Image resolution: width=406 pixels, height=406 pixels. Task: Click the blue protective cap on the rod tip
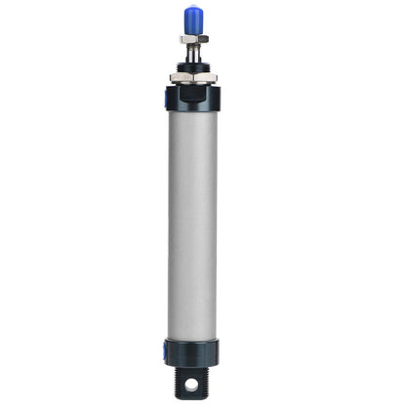[193, 19]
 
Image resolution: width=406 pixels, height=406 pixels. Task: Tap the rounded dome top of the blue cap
[193, 10]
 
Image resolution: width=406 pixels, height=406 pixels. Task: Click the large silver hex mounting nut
[193, 76]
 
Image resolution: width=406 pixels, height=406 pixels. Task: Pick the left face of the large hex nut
[177, 76]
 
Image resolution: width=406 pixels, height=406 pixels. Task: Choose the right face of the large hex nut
[209, 76]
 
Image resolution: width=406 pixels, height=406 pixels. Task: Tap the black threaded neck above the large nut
[193, 65]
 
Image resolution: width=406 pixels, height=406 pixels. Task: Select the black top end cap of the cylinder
[193, 98]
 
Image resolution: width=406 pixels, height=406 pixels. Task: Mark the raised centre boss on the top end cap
[193, 87]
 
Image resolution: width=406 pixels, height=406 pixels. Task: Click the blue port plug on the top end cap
[167, 96]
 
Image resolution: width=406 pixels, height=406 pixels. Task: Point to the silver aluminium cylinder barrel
[193, 224]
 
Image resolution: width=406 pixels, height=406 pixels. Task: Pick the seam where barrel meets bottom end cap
[193, 339]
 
